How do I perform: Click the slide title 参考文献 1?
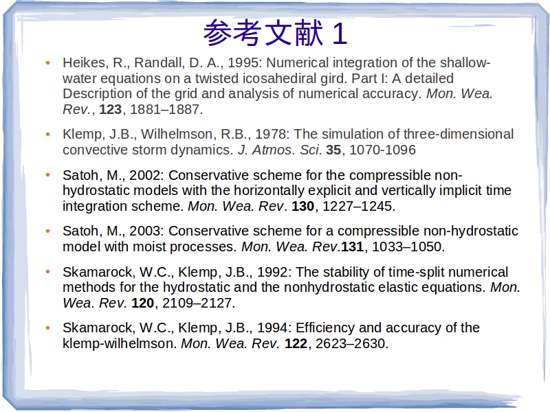[x=276, y=33]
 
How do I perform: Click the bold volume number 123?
[x=111, y=109]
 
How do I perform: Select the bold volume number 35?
[x=333, y=150]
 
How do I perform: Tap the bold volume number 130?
[x=302, y=207]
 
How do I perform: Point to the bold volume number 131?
[x=353, y=247]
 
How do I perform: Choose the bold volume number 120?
[x=143, y=303]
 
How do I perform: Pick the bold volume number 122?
[x=296, y=344]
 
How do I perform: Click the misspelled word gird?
[x=333, y=79]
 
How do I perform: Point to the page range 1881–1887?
[x=165, y=110]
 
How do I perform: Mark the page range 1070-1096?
[x=383, y=150]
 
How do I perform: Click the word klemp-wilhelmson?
[x=118, y=344]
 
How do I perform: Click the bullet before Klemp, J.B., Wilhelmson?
[x=48, y=134]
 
